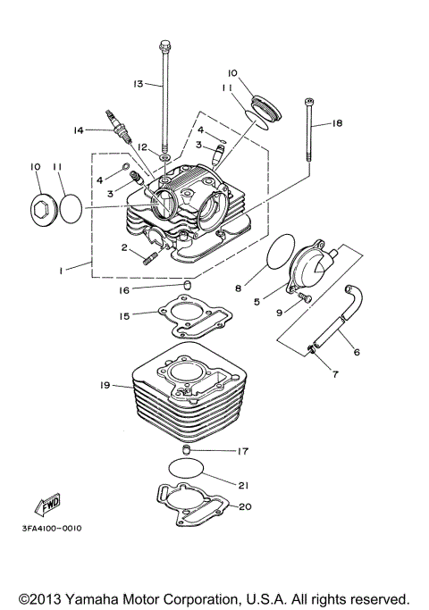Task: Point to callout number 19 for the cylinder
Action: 105,385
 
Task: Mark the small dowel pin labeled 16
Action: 189,285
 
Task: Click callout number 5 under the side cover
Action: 257,301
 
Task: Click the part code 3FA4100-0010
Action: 52,528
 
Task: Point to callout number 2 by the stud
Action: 126,247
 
